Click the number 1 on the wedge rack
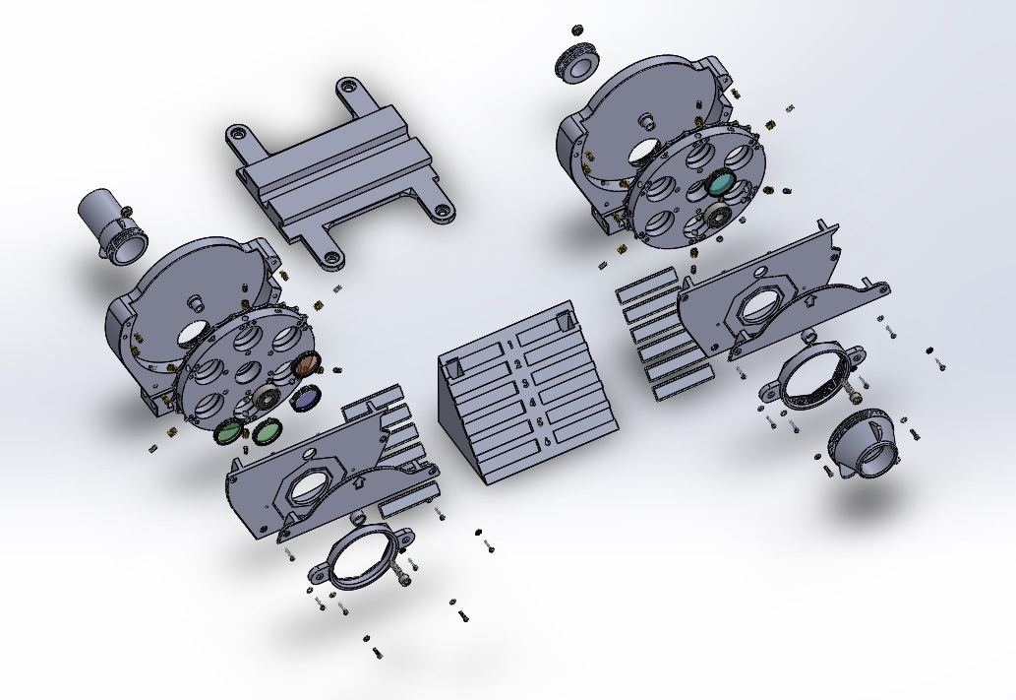click(512, 345)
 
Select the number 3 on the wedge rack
click(526, 383)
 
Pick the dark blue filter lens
click(307, 398)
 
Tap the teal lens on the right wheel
click(721, 182)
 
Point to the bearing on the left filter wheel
click(266, 398)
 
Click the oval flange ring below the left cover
click(365, 558)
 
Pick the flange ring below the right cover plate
click(812, 377)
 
